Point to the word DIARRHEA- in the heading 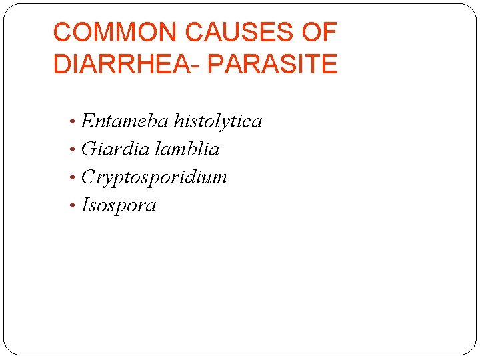[127, 65]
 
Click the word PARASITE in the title [273, 65]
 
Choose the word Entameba [125, 121]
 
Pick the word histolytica [218, 121]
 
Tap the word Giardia [115, 149]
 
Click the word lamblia [187, 149]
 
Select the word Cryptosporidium [154, 177]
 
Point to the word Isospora [119, 205]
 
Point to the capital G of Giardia [87, 149]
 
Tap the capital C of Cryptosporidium [87, 177]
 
